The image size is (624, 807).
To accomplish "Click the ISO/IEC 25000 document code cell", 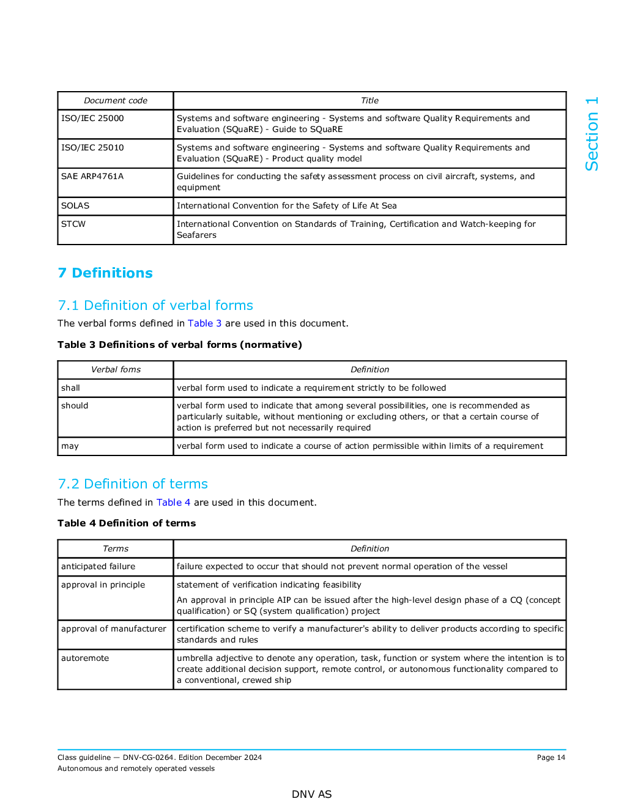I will click(92, 119).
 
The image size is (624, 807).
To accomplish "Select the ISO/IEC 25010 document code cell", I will click(92, 148).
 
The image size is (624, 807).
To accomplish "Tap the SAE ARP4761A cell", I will click(92, 177).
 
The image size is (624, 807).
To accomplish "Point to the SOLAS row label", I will click(75, 206).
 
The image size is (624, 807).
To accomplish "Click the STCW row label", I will click(73, 224).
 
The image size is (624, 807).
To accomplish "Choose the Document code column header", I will click(116, 101).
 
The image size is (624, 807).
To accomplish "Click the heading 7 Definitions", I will click(105, 273).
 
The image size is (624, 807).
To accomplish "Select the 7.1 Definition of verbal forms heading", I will click(155, 306).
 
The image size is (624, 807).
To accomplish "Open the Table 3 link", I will click(204, 323).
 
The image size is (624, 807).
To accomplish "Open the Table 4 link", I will click(173, 503).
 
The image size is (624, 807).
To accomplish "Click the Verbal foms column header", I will click(116, 370).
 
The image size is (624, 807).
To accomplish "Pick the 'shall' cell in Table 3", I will click(71, 388).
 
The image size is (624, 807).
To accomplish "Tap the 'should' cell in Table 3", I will click(75, 406).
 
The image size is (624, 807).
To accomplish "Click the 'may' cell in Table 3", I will click(70, 446).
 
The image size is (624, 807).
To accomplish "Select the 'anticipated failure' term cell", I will click(98, 567).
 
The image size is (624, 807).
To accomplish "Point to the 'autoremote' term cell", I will click(85, 658).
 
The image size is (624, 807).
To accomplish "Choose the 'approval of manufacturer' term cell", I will click(114, 629).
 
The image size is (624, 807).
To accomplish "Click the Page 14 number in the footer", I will click(551, 757).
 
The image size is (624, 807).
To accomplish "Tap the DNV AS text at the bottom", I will click(311, 794).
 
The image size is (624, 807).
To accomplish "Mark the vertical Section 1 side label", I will click(592, 134).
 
